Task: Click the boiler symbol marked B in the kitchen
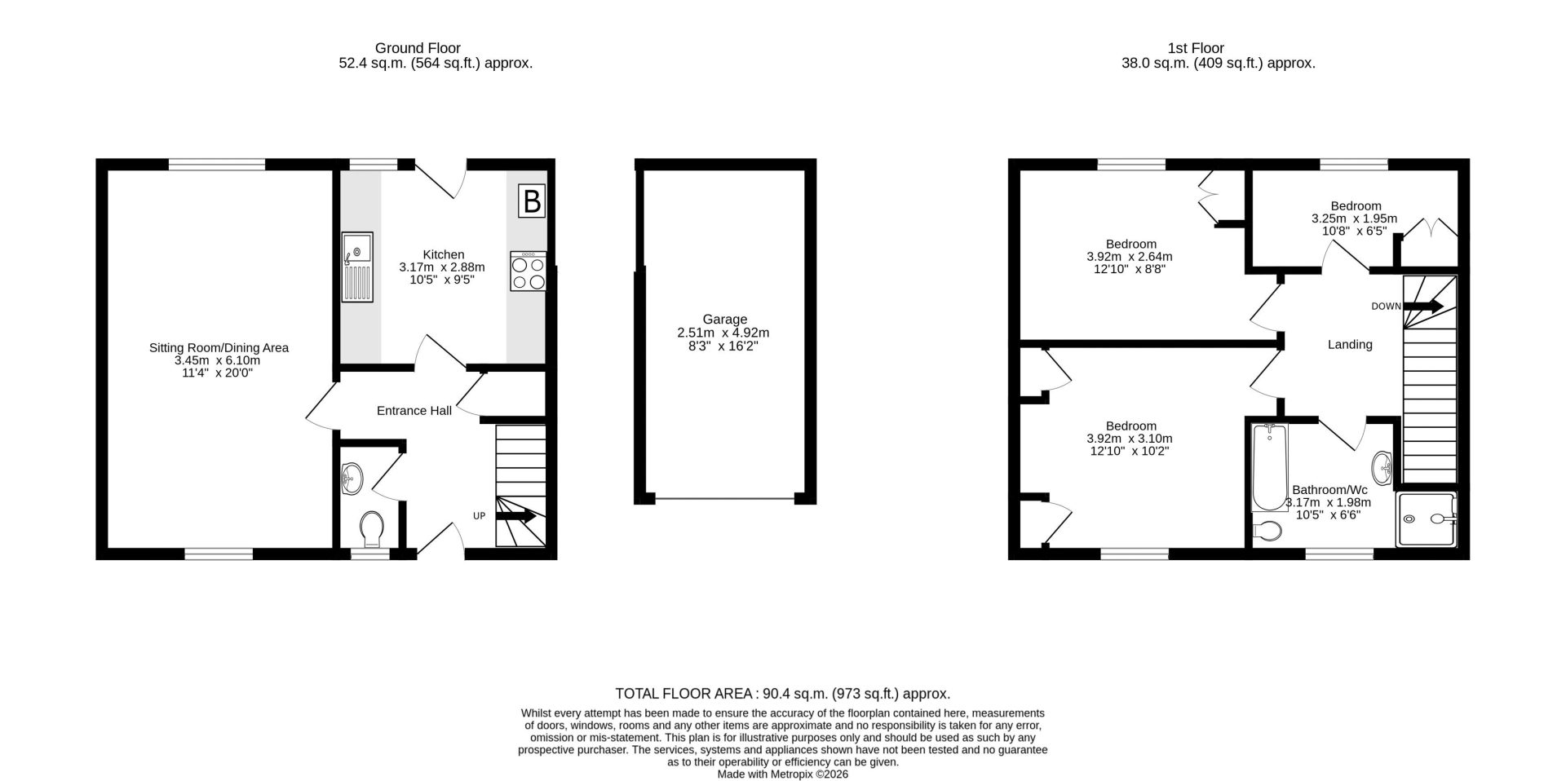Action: [x=532, y=201]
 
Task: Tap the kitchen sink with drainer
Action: [x=357, y=267]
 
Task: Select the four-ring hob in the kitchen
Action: [x=528, y=271]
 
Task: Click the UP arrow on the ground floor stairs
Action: [x=515, y=515]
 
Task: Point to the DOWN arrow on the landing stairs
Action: [x=1423, y=307]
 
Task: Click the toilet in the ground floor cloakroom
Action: [x=371, y=529]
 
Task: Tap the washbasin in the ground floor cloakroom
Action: [x=352, y=479]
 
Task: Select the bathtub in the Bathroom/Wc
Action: [x=1268, y=467]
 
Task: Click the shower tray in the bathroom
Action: [x=1426, y=518]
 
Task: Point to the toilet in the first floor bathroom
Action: [x=1267, y=531]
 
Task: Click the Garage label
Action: [x=724, y=320]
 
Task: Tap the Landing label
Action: [x=1350, y=345]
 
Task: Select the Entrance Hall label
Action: [x=414, y=411]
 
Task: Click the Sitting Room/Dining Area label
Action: [x=219, y=348]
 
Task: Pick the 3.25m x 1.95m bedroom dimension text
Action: [x=1354, y=218]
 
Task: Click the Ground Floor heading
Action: [x=418, y=48]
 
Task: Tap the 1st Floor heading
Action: [x=1196, y=48]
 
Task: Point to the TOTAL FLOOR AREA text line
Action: [x=782, y=694]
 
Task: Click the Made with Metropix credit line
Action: [x=782, y=774]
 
